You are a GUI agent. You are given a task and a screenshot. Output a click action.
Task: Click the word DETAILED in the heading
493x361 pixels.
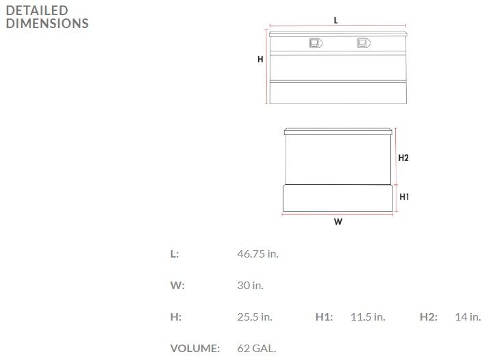point(37,11)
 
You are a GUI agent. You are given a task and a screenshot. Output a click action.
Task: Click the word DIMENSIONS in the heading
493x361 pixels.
point(47,23)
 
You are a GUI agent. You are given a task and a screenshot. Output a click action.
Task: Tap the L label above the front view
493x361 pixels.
point(336,21)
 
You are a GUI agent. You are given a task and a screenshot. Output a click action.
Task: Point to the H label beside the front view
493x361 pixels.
point(260,59)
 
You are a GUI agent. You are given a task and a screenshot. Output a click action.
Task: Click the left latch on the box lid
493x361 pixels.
point(316,42)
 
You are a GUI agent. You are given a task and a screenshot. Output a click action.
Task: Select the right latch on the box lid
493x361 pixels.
point(364,42)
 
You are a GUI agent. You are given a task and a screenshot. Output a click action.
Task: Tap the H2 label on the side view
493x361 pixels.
point(403,158)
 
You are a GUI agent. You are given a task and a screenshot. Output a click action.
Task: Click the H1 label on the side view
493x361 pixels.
point(404,197)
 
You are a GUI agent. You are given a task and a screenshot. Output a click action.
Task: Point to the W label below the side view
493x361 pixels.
point(338,222)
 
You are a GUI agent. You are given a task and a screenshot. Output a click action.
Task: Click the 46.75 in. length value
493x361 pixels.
point(258,253)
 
